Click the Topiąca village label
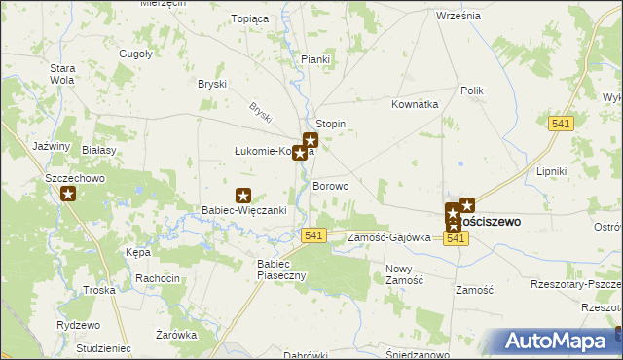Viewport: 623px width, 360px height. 248,18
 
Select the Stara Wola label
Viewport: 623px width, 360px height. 63,74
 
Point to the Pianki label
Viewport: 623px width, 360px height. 315,60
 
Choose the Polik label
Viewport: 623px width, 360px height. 472,90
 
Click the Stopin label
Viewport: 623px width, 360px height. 331,125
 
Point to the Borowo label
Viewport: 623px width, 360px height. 331,186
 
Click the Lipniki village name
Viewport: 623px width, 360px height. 551,171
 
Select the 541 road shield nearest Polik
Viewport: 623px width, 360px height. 561,124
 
